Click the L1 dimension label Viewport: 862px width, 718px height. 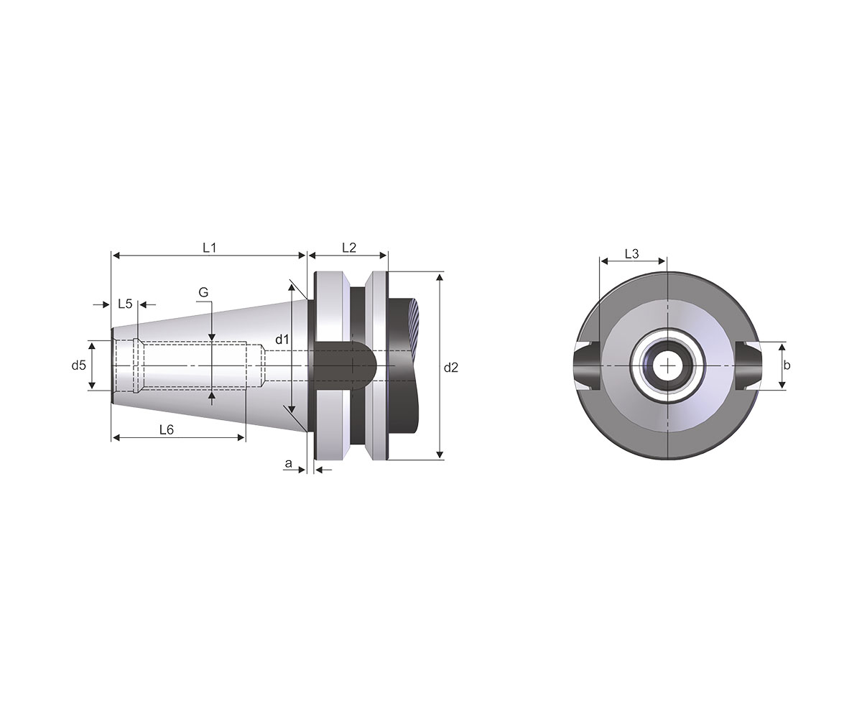click(x=209, y=248)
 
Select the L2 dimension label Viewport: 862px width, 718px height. click(x=349, y=248)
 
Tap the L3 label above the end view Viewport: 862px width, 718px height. click(x=631, y=253)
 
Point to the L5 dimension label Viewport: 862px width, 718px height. click(x=125, y=304)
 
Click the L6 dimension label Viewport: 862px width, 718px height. click(x=167, y=430)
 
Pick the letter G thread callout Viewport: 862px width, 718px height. click(x=203, y=292)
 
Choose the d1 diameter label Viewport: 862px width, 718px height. click(x=282, y=340)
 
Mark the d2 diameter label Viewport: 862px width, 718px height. click(x=451, y=367)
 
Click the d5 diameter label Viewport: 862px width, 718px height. click(x=79, y=365)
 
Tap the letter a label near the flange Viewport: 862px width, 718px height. click(x=288, y=463)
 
